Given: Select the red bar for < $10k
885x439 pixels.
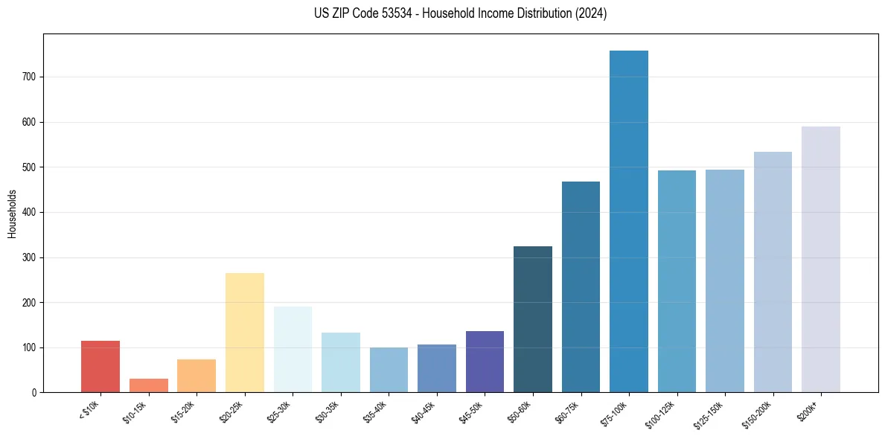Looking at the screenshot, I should click(x=100, y=367).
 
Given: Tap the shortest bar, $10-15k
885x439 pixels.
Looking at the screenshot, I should click(x=149, y=385).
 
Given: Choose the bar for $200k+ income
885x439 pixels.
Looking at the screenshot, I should click(x=821, y=260).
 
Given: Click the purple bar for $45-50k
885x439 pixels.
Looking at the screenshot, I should click(x=485, y=362).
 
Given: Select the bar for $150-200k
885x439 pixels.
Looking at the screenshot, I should click(x=773, y=272).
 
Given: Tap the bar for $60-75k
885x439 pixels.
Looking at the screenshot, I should click(x=581, y=287).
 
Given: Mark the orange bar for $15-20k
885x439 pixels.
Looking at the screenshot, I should click(x=197, y=376).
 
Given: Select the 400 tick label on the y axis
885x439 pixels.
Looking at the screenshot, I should click(x=30, y=212).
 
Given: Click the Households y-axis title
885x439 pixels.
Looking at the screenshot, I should click(x=12, y=214).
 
